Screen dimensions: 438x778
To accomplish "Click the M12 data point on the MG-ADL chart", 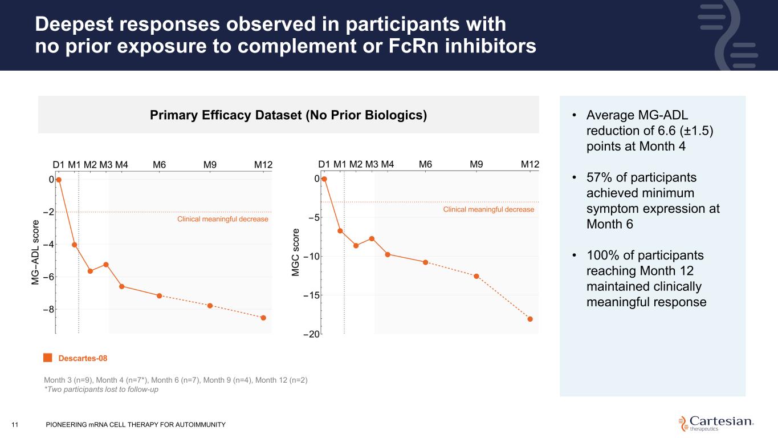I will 263,318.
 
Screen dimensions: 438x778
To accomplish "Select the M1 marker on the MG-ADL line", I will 75,245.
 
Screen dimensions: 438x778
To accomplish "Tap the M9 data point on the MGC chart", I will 476,277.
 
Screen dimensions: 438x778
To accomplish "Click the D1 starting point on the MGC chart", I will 324,179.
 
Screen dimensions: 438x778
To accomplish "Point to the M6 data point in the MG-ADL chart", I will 160,295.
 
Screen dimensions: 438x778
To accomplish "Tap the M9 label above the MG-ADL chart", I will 210,165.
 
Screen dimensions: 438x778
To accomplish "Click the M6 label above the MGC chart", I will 425,164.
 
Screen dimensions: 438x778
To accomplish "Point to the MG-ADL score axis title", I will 36,252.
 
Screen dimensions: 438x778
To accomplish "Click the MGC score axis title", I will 296,252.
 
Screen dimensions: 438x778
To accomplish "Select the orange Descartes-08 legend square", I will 48,358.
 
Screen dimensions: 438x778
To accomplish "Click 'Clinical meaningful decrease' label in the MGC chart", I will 488,210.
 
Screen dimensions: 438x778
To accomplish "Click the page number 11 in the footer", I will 15,424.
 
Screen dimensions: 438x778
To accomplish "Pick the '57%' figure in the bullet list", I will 600,179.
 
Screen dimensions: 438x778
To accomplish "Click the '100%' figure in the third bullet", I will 605,255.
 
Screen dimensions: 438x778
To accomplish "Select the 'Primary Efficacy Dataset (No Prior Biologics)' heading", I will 288,115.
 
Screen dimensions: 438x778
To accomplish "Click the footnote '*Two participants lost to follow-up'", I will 100,390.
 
